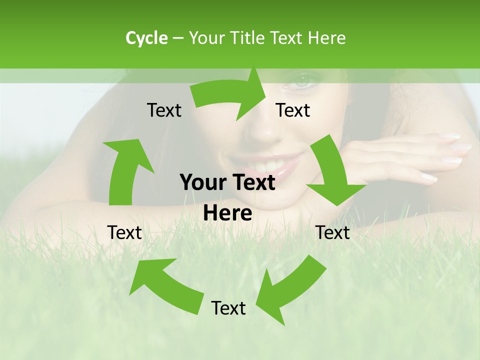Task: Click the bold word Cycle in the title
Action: pos(146,38)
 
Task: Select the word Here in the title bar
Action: pos(326,38)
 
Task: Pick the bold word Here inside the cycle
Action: pos(227,213)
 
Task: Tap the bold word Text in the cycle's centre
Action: pos(252,182)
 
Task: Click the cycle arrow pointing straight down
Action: pos(332,172)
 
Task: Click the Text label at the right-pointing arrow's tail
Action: pos(164,110)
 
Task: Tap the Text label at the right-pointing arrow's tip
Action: pos(293,110)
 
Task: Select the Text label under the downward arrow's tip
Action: pos(333,232)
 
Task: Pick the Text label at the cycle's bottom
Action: pos(228,308)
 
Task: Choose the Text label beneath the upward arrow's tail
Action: pos(125,232)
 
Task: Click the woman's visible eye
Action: pos(303,80)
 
